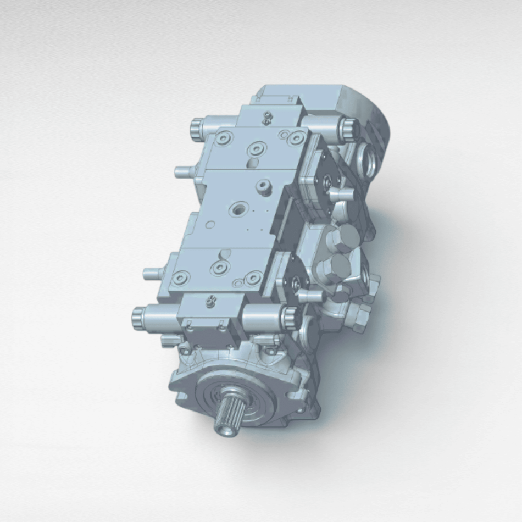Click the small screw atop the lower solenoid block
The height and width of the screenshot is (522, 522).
tap(209, 300)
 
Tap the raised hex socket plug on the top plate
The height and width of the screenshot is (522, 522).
tap(263, 188)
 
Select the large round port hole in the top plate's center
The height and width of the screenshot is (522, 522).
tap(240, 208)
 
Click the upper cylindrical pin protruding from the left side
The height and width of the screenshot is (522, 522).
tap(184, 172)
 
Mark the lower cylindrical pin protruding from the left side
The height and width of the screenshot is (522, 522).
tap(152, 273)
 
